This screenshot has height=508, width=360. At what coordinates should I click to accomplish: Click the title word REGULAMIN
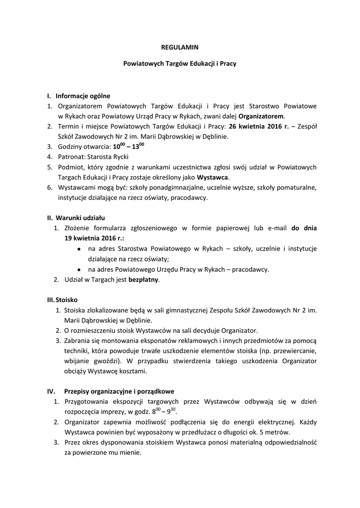(x=180, y=48)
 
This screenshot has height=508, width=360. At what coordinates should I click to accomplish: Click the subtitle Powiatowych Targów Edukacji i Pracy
(x=180, y=64)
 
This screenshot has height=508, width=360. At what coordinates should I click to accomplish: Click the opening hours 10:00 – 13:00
(x=129, y=146)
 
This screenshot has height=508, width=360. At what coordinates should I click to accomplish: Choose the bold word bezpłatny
(x=144, y=279)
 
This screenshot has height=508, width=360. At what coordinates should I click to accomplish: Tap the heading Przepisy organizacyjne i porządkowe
(x=119, y=391)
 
